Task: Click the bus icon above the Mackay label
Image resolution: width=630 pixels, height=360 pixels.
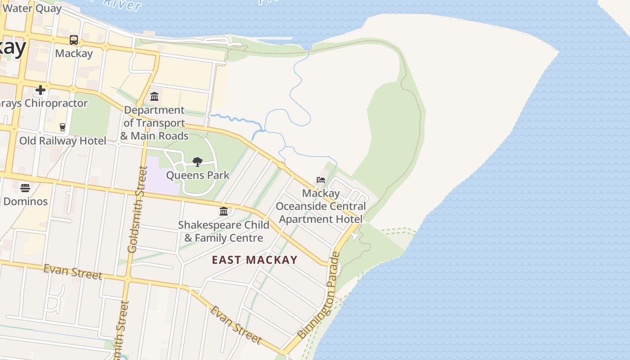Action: [x=74, y=40]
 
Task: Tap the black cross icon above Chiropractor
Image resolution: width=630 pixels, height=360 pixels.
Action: [x=40, y=90]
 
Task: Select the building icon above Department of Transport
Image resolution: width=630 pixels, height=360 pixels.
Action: [x=154, y=96]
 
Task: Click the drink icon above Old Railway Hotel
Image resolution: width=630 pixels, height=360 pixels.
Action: [x=63, y=127]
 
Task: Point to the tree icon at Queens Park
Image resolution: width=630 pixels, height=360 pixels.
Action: [x=197, y=162]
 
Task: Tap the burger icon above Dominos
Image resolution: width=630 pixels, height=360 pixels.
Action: [x=25, y=188]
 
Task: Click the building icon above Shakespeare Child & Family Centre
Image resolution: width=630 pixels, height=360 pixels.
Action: [x=224, y=211]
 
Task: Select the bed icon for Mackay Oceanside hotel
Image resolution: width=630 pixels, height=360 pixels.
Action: [x=321, y=180]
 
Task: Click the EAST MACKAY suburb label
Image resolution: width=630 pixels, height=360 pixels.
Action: [x=255, y=260]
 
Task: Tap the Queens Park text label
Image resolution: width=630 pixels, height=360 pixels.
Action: [x=198, y=175]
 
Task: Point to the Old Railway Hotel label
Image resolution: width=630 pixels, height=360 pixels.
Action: [x=63, y=141]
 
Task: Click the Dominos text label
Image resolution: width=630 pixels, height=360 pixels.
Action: [x=25, y=201]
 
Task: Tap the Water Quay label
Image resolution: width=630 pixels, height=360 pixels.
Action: [x=32, y=8]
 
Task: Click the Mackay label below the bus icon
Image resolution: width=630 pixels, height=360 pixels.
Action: [x=74, y=54]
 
